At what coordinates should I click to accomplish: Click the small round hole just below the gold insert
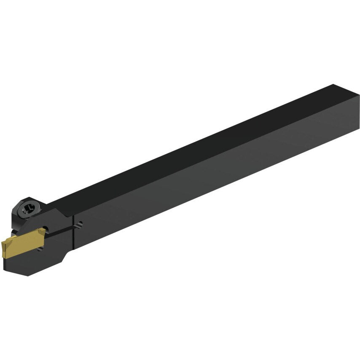click(x=40, y=249)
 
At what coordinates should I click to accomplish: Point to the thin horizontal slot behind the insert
click(x=63, y=229)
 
